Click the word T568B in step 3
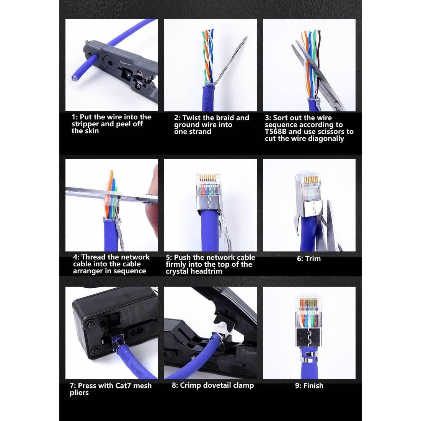(x=276, y=132)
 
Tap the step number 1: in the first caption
(x=76, y=117)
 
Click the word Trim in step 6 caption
(x=313, y=259)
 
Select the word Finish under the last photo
(x=313, y=386)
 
